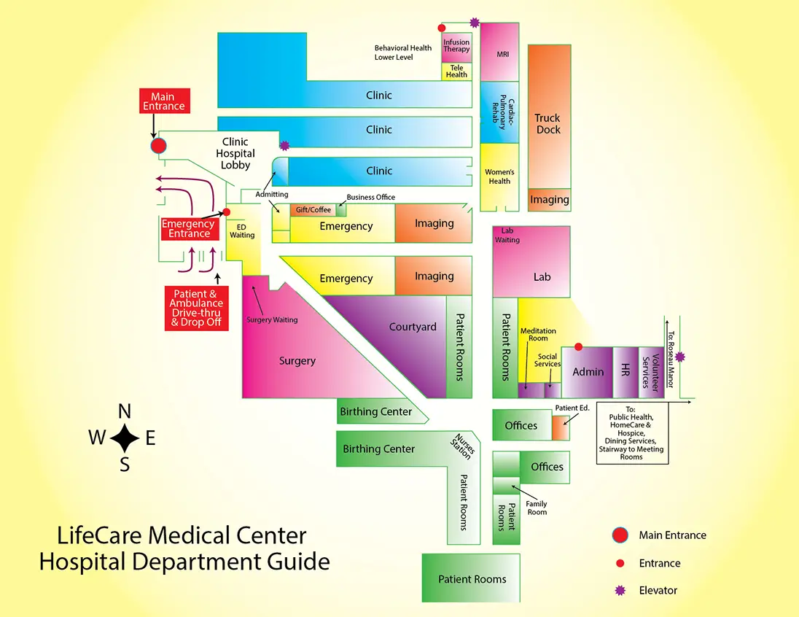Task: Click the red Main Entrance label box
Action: click(163, 101)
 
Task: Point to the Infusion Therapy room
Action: click(456, 47)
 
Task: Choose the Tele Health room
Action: click(456, 71)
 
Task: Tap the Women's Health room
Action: click(499, 176)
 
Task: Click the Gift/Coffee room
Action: click(313, 210)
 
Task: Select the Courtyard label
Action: click(413, 327)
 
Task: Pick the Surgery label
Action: click(297, 361)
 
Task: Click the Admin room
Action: click(588, 371)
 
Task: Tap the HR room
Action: click(625, 371)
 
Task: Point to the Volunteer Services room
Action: click(650, 371)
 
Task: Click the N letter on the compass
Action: click(125, 411)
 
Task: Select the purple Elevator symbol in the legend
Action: click(620, 591)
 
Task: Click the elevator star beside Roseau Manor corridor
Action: click(680, 357)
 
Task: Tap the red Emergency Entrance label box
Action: click(190, 229)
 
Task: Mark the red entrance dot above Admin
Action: click(579, 346)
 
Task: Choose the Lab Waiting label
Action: click(507, 235)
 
